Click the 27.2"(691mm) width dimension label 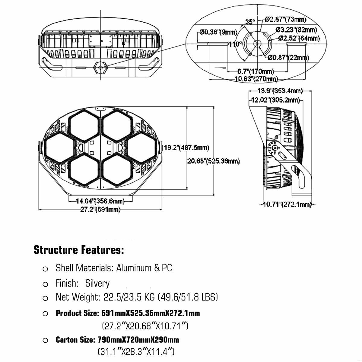click(x=100, y=209)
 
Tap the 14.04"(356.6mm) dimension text click(x=100, y=201)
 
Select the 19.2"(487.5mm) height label click(x=186, y=148)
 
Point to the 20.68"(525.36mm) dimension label click(x=214, y=161)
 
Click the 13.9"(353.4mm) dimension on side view click(x=280, y=91)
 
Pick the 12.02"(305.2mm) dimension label click(x=275, y=100)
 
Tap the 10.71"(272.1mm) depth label click(x=287, y=204)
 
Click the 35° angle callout click(x=250, y=22)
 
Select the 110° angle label click(x=235, y=44)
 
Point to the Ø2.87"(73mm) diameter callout click(x=286, y=19)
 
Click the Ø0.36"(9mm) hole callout click(x=218, y=32)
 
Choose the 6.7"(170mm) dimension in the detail click(x=256, y=71)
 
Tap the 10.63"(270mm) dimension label click(x=256, y=79)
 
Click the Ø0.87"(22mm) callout click(x=288, y=58)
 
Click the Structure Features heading click(x=79, y=250)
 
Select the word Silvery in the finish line click(x=97, y=284)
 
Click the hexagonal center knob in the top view click(x=101, y=68)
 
